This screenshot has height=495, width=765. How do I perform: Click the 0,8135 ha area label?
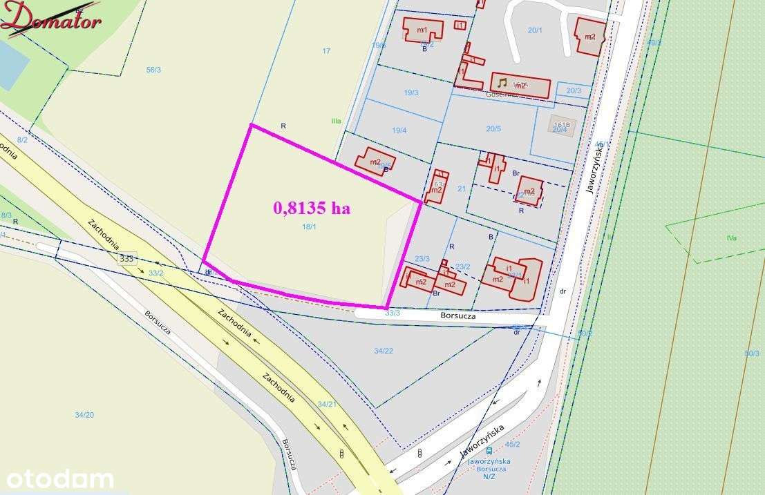[312, 208]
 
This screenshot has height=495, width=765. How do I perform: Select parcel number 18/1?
[309, 226]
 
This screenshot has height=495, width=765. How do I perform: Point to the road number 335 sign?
[126, 258]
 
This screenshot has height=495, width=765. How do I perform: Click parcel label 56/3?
[153, 70]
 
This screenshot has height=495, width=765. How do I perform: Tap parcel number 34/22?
[384, 351]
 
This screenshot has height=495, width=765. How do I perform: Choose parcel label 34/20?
[84, 414]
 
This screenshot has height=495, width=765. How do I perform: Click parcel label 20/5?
[493, 128]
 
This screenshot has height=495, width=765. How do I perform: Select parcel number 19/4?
[399, 130]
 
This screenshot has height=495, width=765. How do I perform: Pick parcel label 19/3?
[411, 93]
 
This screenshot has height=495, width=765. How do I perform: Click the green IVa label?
[731, 238]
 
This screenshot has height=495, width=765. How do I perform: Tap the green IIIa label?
[336, 121]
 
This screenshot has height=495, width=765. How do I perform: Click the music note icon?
[502, 83]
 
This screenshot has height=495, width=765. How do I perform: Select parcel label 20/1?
[535, 30]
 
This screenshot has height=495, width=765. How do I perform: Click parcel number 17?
[326, 50]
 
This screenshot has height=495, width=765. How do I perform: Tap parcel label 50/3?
[752, 353]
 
